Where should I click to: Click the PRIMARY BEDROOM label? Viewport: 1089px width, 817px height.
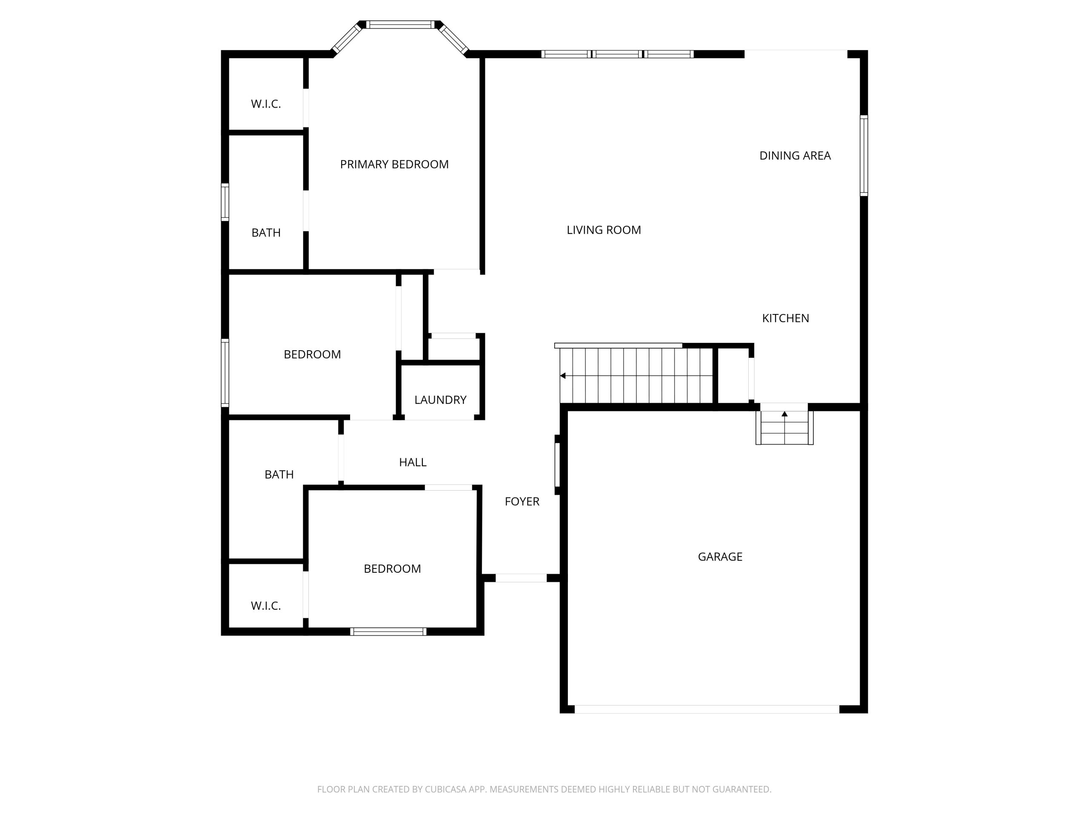[x=394, y=165]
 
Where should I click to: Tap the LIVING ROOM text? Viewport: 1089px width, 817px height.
[x=604, y=230]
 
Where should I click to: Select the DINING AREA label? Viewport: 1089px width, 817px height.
[x=795, y=156]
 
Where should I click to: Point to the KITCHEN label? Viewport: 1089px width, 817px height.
[x=785, y=318]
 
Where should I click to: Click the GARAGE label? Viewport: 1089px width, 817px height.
[x=720, y=557]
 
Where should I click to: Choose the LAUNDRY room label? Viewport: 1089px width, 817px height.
[x=440, y=400]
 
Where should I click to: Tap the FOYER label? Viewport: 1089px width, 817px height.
[x=522, y=501]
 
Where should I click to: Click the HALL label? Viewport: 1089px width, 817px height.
[x=413, y=462]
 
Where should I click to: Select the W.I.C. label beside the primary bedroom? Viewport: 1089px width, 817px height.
[x=266, y=104]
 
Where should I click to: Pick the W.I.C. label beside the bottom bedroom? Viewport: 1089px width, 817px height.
[x=266, y=606]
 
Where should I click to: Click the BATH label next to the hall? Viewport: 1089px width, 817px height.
[x=279, y=474]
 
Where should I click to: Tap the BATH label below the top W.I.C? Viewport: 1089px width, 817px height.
[x=266, y=232]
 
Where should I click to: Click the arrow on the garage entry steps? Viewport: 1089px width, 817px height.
[x=785, y=414]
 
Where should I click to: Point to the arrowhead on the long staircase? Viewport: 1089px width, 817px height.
[x=563, y=376]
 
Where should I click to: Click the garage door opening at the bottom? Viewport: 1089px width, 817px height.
[x=707, y=709]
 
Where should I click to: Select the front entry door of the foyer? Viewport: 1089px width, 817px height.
[x=521, y=578]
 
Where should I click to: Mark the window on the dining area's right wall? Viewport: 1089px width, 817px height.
[x=864, y=156]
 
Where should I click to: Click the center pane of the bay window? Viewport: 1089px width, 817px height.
[x=400, y=25]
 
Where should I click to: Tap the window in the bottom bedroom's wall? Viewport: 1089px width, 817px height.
[x=388, y=632]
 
